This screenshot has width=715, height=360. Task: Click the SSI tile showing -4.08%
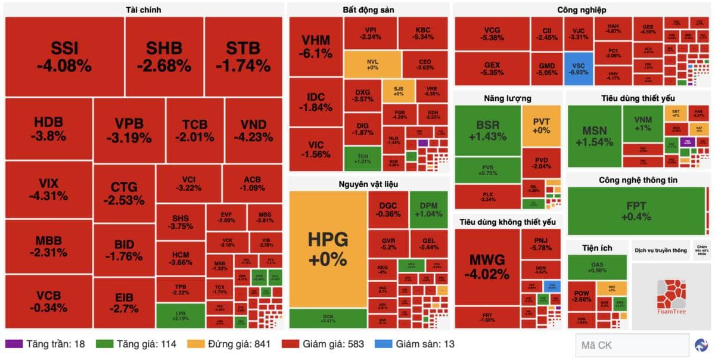63,57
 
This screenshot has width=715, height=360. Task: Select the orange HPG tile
327,249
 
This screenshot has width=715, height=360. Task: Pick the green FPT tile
636,211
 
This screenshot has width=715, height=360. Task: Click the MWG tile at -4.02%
487,267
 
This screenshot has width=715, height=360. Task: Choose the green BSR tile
487,131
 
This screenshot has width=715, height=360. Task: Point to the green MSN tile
594,136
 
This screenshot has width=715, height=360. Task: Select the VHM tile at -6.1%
316,46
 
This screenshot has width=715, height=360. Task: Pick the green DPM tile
428,209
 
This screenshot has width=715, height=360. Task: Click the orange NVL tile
372,64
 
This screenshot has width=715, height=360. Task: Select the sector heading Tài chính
144,10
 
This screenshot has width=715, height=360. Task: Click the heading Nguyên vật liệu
368,183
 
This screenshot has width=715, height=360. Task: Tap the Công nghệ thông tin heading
638,179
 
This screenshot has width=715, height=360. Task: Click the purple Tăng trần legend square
14,344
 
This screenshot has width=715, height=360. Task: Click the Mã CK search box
631,345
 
